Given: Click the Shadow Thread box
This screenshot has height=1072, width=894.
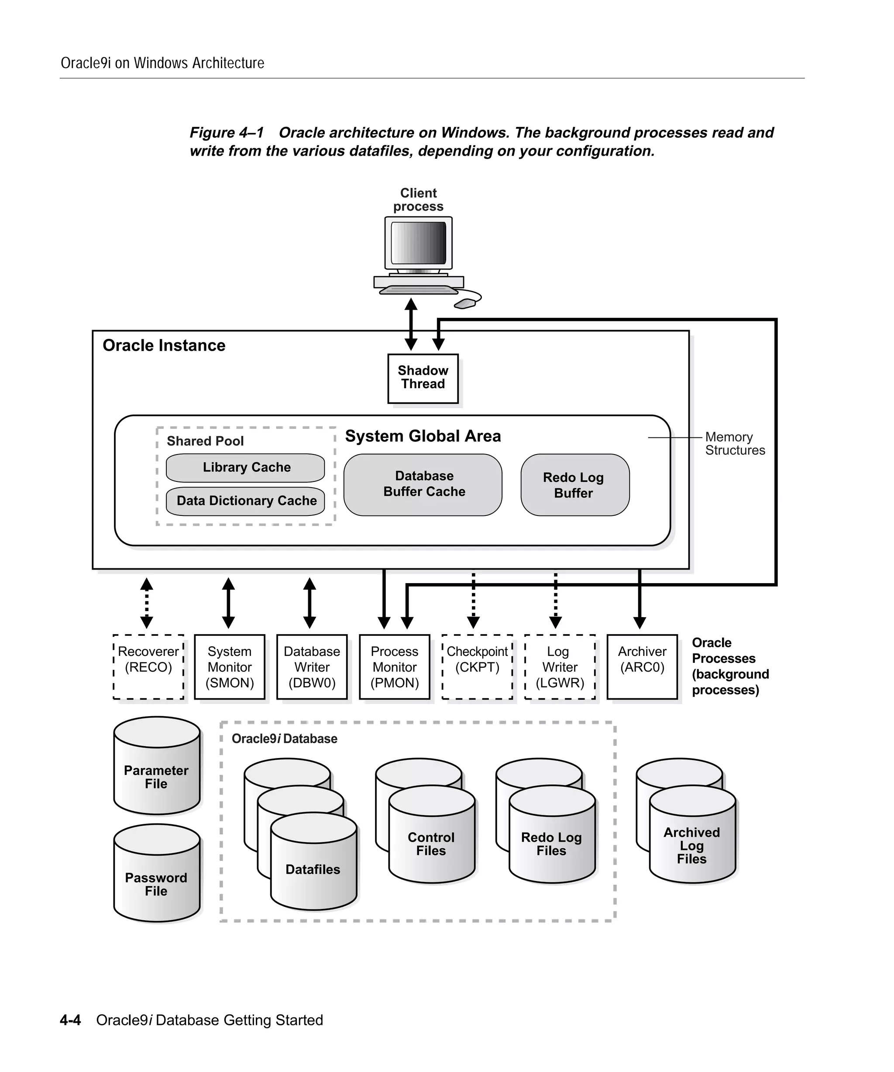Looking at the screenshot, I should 423,378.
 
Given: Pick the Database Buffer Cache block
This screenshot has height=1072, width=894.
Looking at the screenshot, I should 423,485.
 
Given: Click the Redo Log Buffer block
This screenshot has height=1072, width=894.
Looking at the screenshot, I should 575,485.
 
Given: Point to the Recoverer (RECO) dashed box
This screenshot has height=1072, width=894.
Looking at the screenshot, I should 148,667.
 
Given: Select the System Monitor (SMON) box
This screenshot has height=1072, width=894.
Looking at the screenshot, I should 229,667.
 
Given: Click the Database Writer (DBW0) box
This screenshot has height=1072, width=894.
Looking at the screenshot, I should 312,667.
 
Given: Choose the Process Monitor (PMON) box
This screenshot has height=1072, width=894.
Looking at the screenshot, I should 394,667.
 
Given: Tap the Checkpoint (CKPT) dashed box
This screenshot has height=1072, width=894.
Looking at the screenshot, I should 477,667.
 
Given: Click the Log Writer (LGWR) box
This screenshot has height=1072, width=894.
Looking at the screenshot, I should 560,667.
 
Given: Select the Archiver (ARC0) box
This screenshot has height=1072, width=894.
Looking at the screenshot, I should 642,667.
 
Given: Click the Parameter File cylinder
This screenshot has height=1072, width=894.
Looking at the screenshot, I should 156,777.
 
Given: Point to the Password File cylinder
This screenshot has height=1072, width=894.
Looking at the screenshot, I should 156,884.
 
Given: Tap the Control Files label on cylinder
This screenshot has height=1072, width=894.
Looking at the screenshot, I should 431,844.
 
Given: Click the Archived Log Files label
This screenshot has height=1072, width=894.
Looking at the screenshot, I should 692,845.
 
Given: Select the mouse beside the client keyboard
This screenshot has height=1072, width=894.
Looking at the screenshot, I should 464,304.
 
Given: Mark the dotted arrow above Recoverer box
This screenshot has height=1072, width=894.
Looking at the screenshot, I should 147,603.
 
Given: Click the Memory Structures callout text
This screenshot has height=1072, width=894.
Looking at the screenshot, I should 735,444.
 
